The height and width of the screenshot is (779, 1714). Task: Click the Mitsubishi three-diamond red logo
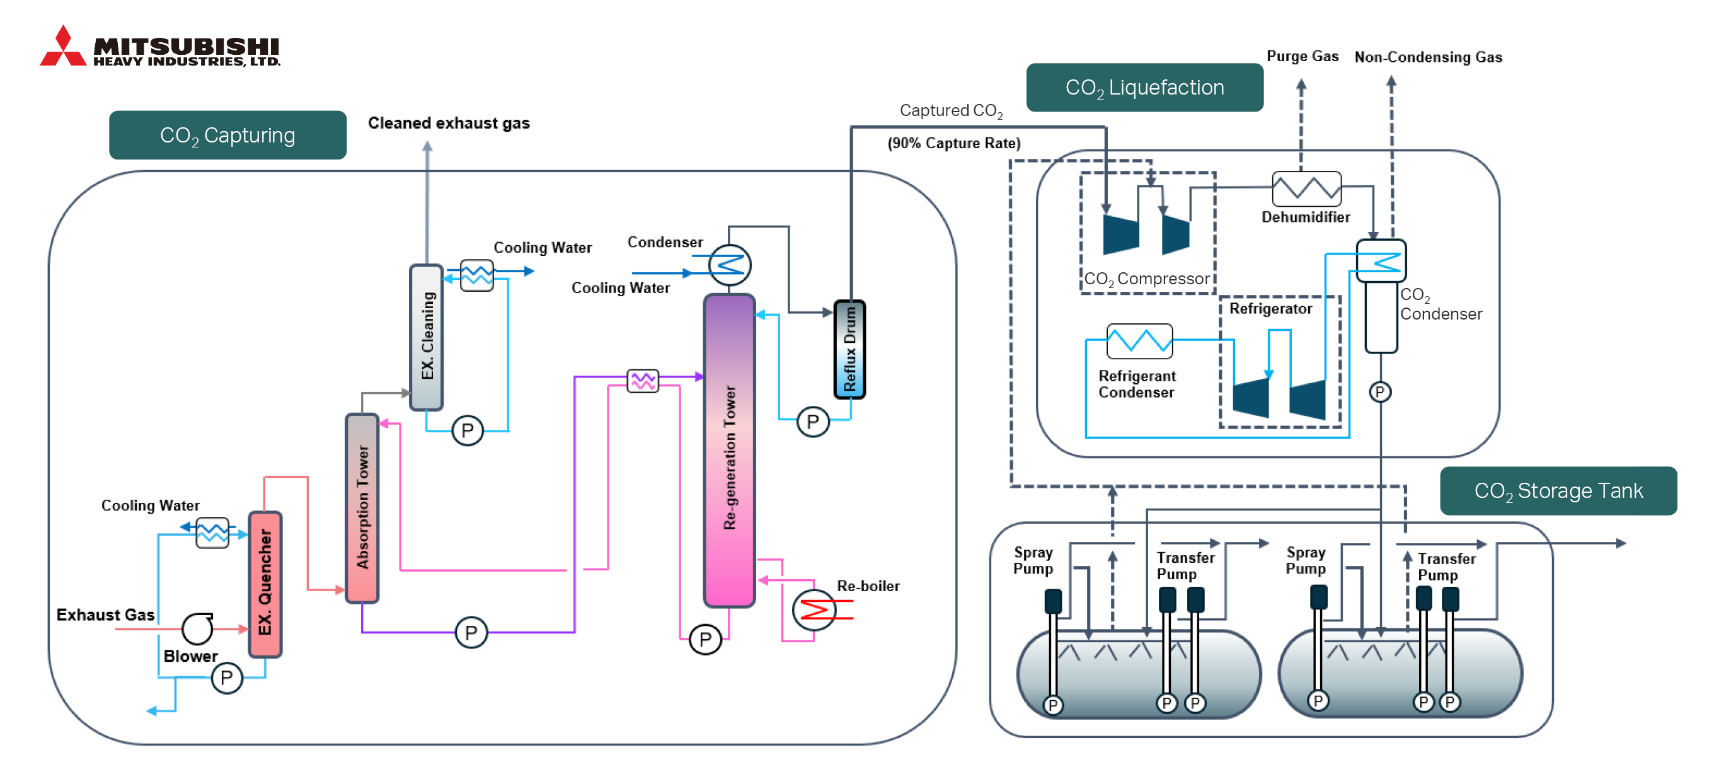tap(63, 47)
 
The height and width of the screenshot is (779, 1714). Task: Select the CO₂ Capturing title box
tap(227, 135)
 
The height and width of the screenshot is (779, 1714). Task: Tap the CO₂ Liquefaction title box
tap(1144, 87)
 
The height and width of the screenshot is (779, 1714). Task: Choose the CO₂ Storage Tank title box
tap(1558, 491)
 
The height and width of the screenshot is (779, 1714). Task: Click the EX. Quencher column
tap(265, 584)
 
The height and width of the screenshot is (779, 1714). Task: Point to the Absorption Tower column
tap(362, 508)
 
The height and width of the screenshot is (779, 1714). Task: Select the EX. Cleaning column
tap(427, 337)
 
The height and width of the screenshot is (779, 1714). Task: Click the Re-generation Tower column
tap(729, 451)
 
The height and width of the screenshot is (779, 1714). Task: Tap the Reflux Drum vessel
tap(849, 349)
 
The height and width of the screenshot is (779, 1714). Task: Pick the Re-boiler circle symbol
tap(813, 609)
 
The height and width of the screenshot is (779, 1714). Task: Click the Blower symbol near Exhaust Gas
tap(198, 628)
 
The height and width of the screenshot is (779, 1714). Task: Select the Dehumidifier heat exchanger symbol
tap(1306, 189)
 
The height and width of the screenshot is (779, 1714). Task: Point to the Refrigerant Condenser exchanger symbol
tap(1139, 341)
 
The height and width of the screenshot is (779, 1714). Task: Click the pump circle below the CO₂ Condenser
tap(1380, 392)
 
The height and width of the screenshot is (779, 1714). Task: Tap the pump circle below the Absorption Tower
tap(471, 632)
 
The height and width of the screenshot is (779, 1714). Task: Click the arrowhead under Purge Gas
tap(1301, 84)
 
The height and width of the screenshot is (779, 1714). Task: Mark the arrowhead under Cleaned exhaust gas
tap(427, 146)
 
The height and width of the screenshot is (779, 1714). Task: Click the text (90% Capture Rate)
tap(953, 143)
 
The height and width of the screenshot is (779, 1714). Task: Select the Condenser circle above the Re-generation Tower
tap(730, 265)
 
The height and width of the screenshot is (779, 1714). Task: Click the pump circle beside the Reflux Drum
tap(813, 421)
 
